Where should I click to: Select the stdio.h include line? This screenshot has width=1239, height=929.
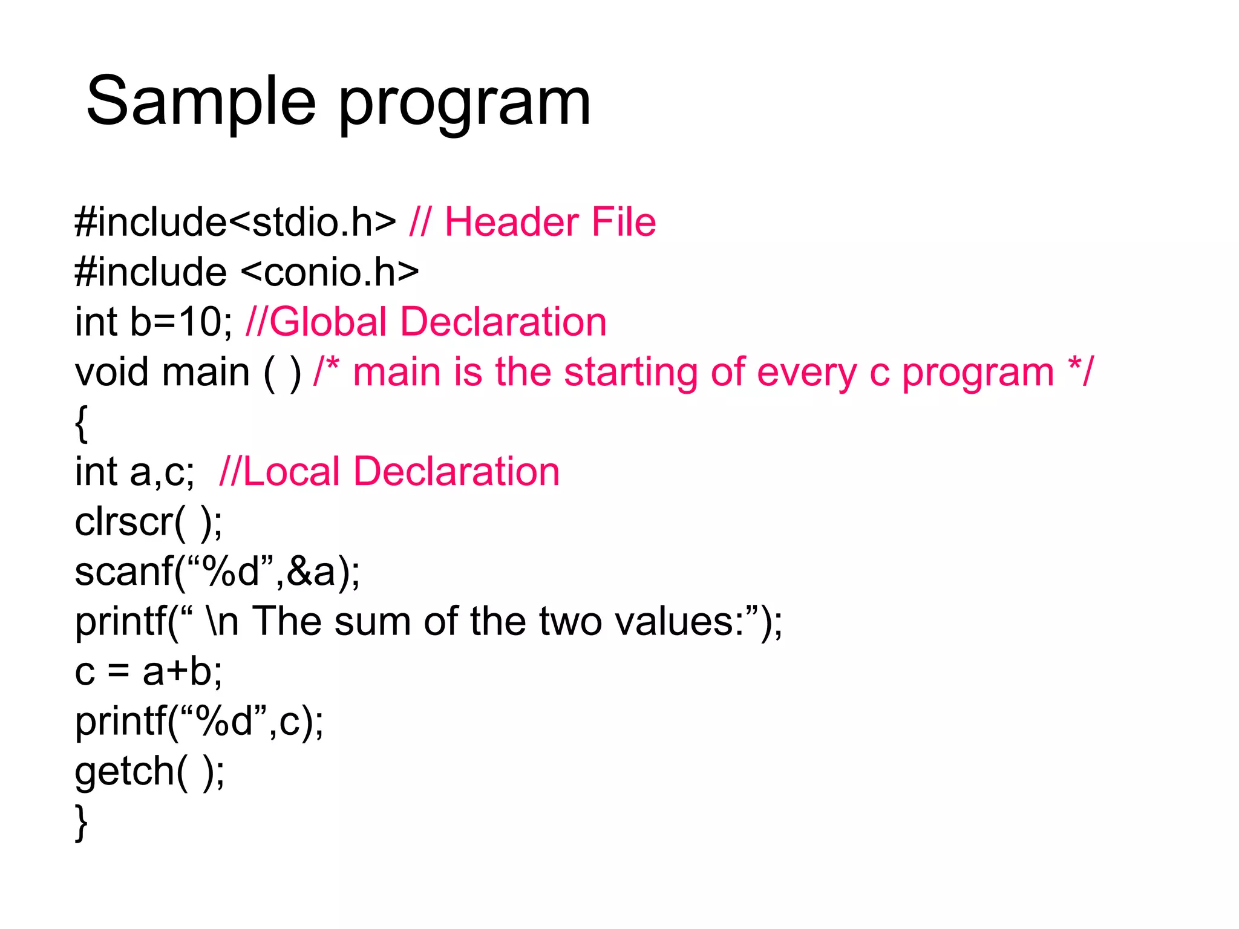[235, 222]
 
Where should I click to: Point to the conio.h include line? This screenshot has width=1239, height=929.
[247, 272]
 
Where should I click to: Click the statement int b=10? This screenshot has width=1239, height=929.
[154, 322]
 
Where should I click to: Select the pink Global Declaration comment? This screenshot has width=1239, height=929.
[426, 322]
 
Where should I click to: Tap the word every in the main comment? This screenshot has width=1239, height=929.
[806, 372]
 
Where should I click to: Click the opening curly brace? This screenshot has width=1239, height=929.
[81, 423]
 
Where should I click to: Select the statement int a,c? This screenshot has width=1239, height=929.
[134, 472]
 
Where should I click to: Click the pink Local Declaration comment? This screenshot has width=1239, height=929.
[389, 472]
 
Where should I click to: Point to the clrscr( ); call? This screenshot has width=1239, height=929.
[148, 521]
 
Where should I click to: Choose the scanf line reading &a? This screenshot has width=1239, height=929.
[217, 572]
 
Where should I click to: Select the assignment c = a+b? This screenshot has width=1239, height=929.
[148, 671]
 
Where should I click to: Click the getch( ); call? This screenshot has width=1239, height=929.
[149, 771]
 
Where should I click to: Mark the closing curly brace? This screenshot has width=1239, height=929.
[81, 823]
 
